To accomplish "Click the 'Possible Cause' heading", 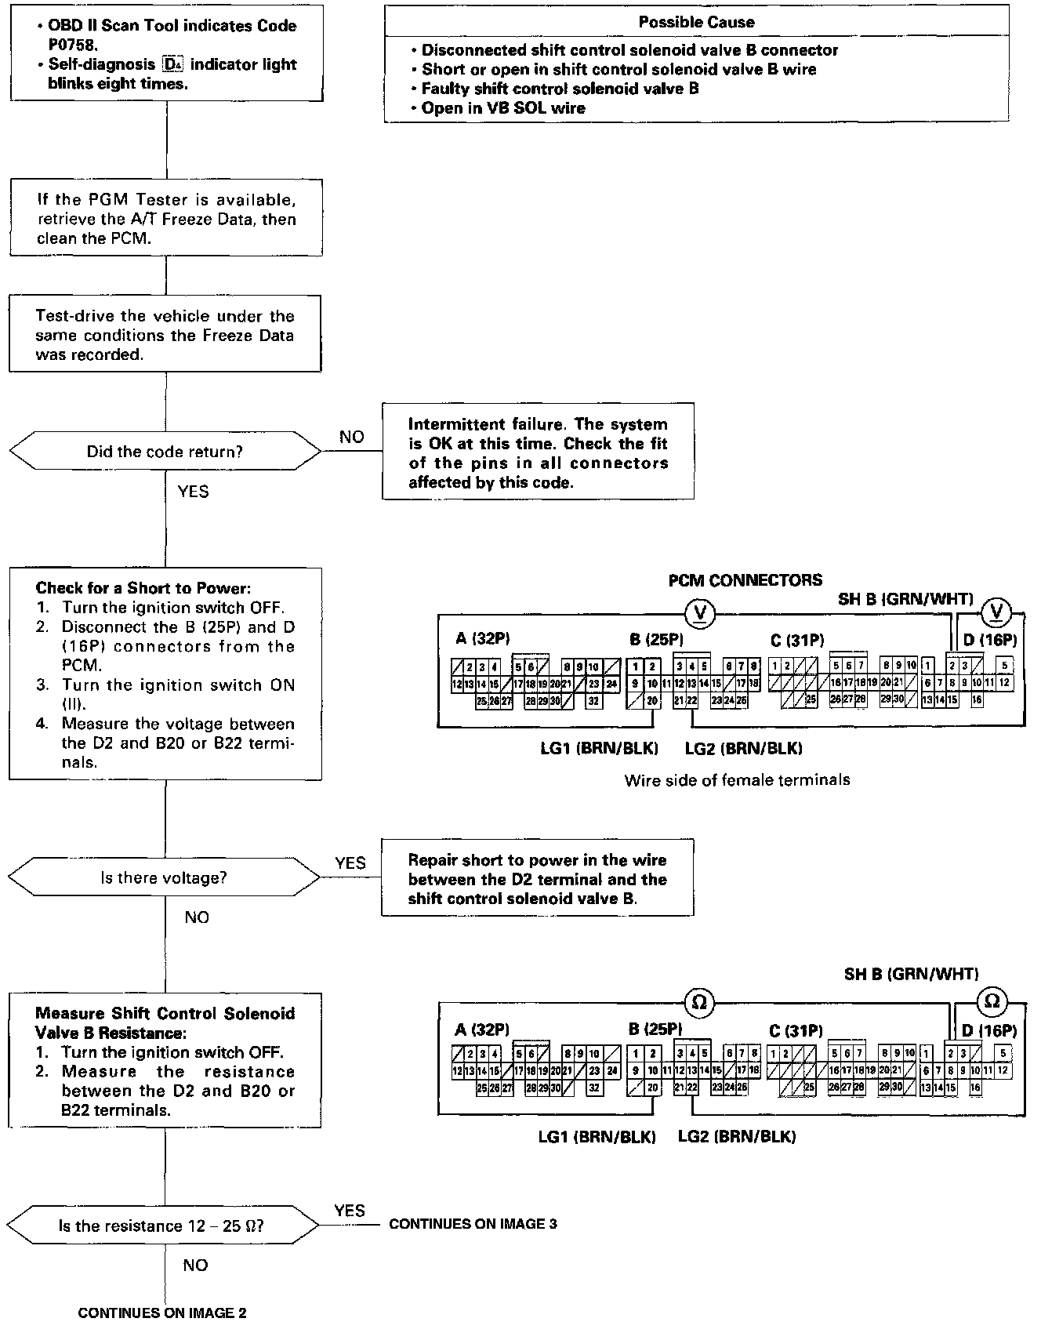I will point(696,22).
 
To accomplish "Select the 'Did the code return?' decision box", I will point(165,452).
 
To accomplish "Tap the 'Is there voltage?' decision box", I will point(164,877).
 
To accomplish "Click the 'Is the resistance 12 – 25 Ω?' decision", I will point(161,1226).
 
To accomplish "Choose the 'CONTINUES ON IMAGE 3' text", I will point(473,1223).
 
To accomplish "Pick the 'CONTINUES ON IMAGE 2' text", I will point(162,1313).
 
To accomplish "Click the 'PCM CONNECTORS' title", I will point(745,580).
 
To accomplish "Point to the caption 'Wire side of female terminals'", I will point(737,780).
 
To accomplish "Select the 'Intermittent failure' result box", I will point(538,452).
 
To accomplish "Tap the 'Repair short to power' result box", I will point(537,879).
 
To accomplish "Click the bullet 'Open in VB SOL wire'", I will point(502,108).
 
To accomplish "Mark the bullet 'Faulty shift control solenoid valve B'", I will point(560,89).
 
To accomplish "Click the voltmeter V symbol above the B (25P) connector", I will point(700,612).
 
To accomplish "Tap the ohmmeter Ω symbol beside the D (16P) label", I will point(992,1001).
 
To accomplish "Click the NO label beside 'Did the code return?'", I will point(351,437).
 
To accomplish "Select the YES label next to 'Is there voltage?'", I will point(350,863).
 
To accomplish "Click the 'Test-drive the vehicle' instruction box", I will point(165,335).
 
